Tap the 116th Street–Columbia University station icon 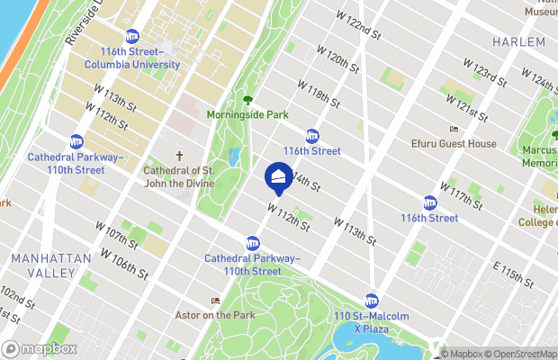coord(132,37)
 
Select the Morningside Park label coord(247,115)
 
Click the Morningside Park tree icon coord(247,100)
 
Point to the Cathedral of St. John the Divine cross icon coord(178,155)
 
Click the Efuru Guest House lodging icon coord(453,129)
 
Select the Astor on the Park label coord(215,315)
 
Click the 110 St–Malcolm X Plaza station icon coord(371,301)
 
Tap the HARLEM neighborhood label coord(519,42)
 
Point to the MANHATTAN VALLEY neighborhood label coord(50,265)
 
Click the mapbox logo coord(40,348)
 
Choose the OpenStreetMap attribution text coord(517,353)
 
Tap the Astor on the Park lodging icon coord(215,301)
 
